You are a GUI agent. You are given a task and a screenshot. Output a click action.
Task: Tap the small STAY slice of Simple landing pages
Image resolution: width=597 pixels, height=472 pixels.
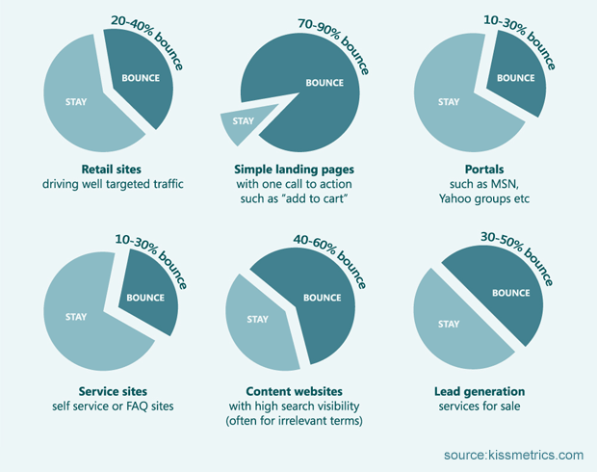coord(241,122)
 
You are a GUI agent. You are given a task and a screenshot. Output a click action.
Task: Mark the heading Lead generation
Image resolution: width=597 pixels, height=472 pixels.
coord(478,391)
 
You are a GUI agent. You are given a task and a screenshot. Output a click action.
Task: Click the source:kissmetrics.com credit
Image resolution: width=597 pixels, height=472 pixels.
coord(513,454)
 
